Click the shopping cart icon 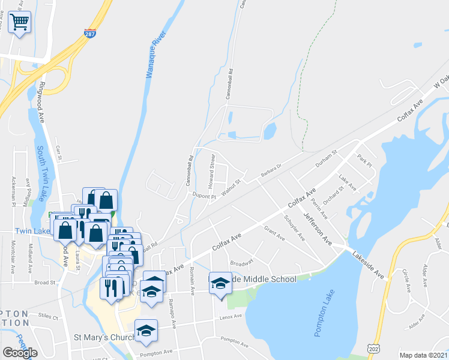pyautogui.click(x=20, y=23)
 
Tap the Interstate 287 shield pyautogui.click(x=91, y=34)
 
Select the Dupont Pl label pyautogui.click(x=204, y=196)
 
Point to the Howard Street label pyautogui.click(x=211, y=170)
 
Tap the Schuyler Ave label pyautogui.click(x=294, y=227)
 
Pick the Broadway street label pyautogui.click(x=242, y=262)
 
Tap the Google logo pyautogui.click(x=20, y=353)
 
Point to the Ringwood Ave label pyautogui.click(x=42, y=103)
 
